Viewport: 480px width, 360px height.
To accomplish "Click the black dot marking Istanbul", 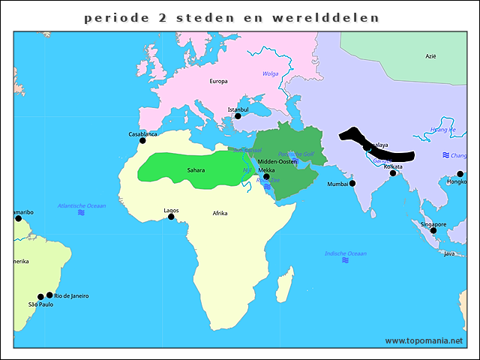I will pos(238,116).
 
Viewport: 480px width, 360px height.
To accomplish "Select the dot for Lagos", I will pos(171,217).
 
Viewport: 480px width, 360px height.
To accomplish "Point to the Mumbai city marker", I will pos(352,183).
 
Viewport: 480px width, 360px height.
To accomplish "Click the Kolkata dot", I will pos(392,173).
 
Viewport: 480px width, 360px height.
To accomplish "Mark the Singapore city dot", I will pos(433,230).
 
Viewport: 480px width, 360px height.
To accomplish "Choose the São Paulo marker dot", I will pos(40,297).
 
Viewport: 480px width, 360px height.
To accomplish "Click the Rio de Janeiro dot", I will pos(49,295).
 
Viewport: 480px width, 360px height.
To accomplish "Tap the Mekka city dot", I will pos(266,177).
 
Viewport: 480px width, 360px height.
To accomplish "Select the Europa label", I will pos(218,81).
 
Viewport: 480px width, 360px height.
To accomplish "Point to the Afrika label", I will pos(220,213).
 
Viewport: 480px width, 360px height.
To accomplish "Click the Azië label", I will pos(430,56).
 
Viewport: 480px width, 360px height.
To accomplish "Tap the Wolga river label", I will pos(270,73).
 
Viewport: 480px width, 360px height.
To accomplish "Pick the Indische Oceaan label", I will pos(345,253).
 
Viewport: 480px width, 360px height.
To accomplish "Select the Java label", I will pos(449,253).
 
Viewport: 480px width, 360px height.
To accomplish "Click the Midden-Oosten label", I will pos(277,162).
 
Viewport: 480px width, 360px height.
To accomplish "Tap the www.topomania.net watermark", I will pos(424,340).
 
